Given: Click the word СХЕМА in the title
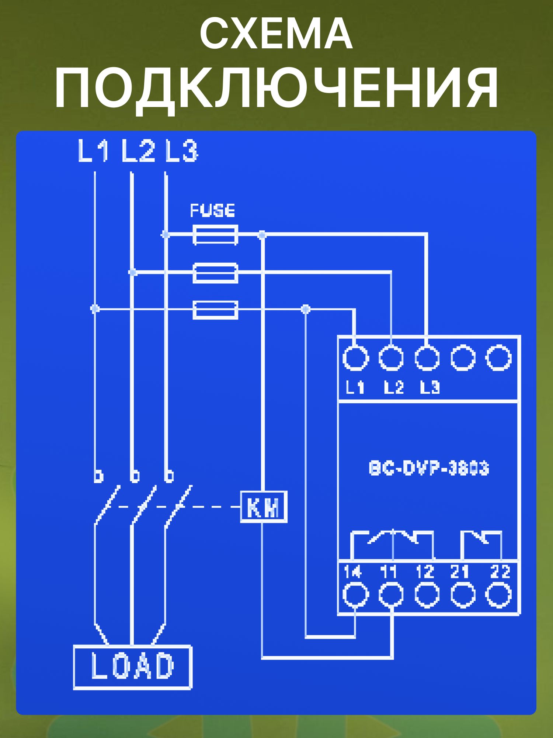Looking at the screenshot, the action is point(276,34).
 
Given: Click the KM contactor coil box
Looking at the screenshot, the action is point(264,507).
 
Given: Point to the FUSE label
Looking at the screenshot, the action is point(212,211).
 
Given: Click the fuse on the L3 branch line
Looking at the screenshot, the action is point(215,235).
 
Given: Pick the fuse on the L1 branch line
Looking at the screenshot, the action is point(215,309).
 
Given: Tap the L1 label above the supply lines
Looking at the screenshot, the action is point(93,151).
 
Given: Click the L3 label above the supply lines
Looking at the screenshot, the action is point(181,151).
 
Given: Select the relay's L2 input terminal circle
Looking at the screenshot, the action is point(391,358).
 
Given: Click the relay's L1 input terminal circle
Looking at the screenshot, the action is point(355,358).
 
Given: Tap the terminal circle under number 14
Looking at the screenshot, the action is point(355,595).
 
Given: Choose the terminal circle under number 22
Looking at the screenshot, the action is point(498,595).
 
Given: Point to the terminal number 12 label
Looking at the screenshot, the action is point(425,572).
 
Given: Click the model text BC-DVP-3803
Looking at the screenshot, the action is point(429,468).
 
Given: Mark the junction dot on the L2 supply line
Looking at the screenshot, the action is point(133,272).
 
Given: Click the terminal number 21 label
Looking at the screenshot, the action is point(460,572).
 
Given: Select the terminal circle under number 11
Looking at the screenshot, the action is point(391,595).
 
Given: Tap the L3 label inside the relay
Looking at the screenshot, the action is point(429,387).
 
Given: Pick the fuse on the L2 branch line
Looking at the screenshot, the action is point(215,273).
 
